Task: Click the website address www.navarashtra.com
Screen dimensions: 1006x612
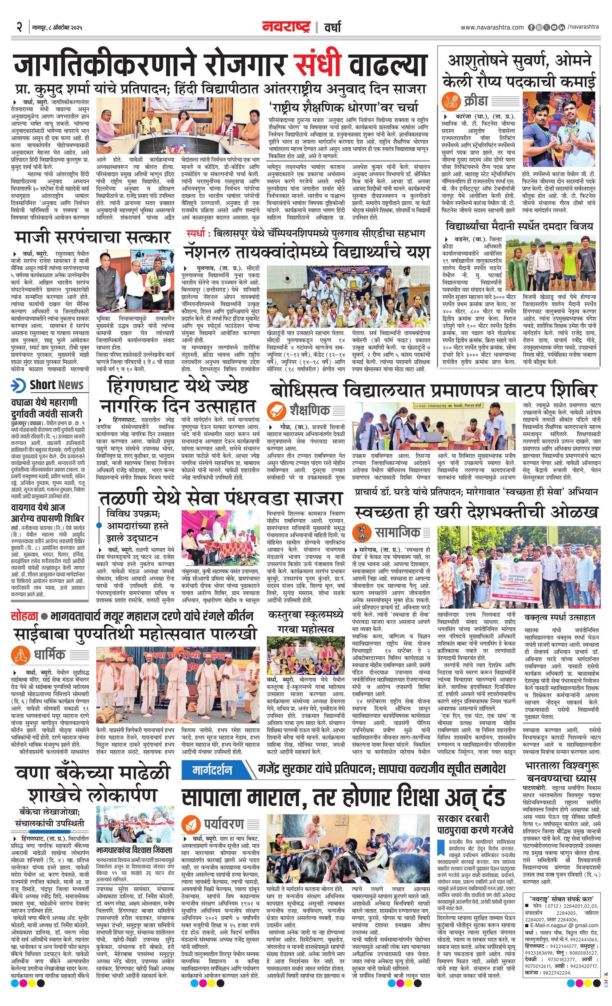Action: pos(492,27)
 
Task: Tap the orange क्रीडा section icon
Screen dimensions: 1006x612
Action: pos(451,100)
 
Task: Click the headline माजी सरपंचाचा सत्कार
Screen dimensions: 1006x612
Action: pos(92,237)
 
